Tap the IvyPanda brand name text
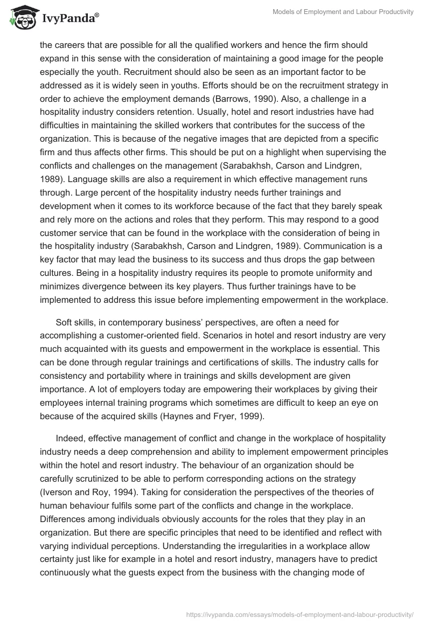tap(69, 18)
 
